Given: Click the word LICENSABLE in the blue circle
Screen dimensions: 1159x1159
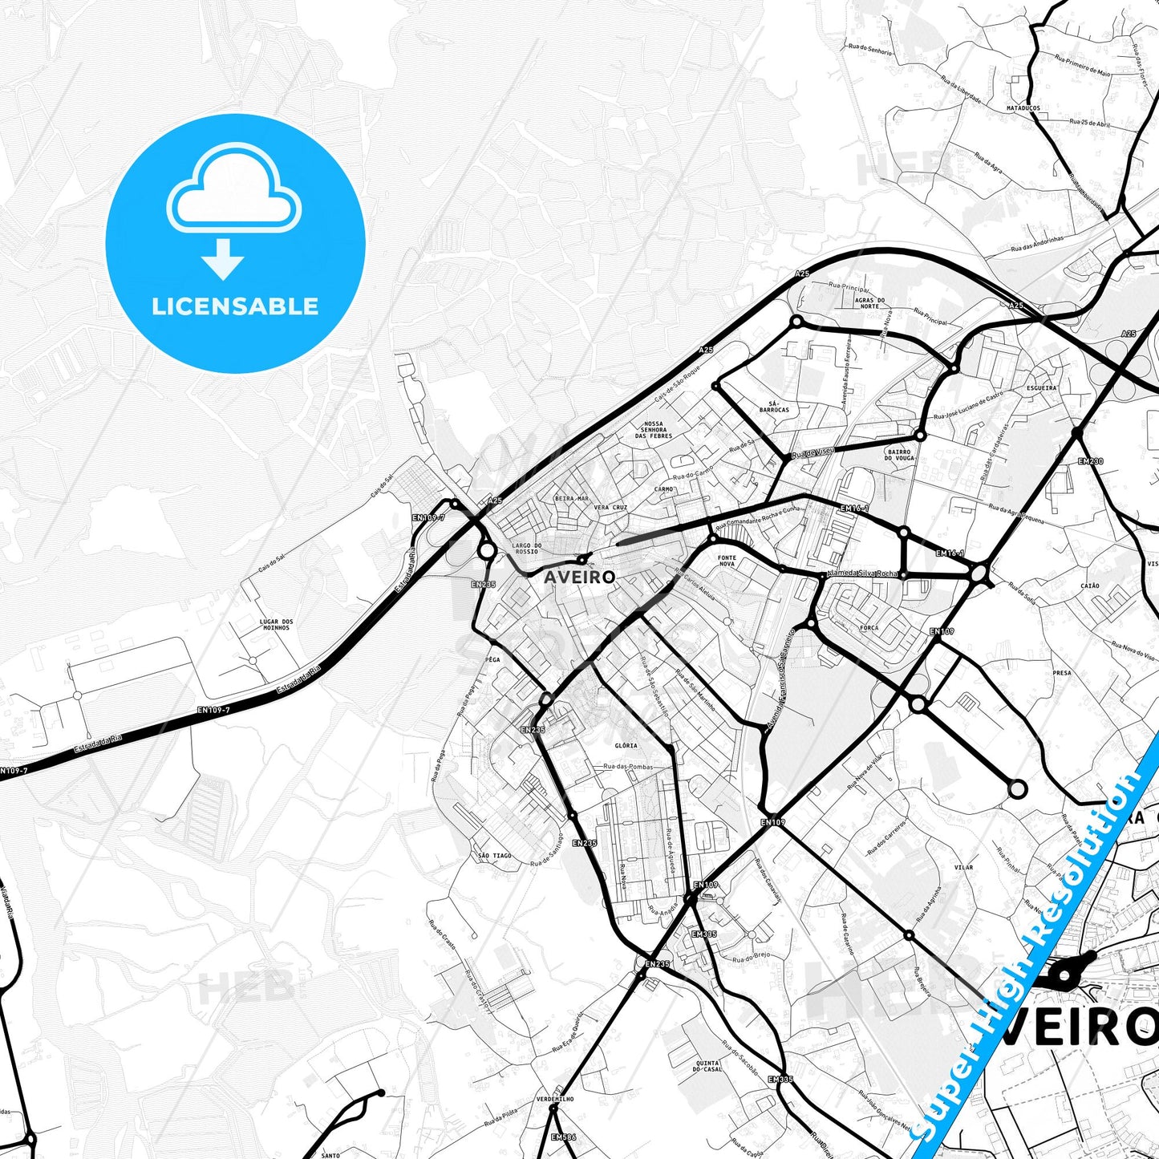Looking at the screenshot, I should click(235, 306).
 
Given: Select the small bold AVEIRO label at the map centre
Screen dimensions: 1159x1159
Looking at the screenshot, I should click(579, 577).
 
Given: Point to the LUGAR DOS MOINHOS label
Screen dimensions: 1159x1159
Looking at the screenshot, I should click(276, 625).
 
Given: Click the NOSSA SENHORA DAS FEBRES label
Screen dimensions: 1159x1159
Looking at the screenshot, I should click(653, 430).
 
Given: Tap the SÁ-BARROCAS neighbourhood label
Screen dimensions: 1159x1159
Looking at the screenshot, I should click(774, 407).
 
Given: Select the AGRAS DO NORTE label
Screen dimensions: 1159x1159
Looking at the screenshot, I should click(869, 302).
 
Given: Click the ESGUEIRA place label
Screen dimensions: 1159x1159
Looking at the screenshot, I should click(1041, 387).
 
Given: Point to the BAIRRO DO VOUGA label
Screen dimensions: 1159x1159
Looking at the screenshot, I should click(899, 455).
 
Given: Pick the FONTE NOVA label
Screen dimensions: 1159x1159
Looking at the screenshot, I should click(727, 561).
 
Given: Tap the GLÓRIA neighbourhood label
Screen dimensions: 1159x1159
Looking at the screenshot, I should click(626, 745).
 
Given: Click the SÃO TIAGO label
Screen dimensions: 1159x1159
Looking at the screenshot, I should click(494, 856).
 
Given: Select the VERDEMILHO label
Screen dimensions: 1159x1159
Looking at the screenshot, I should click(555, 1099).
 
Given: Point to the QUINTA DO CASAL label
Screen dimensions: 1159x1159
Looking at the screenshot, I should click(707, 1066).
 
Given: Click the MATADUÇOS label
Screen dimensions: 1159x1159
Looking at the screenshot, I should click(1023, 107).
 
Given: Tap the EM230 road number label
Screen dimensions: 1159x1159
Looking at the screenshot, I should click(1090, 461).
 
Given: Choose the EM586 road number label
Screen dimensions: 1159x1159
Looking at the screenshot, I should click(563, 1137).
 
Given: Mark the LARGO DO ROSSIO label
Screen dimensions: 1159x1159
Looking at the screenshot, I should click(526, 549).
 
